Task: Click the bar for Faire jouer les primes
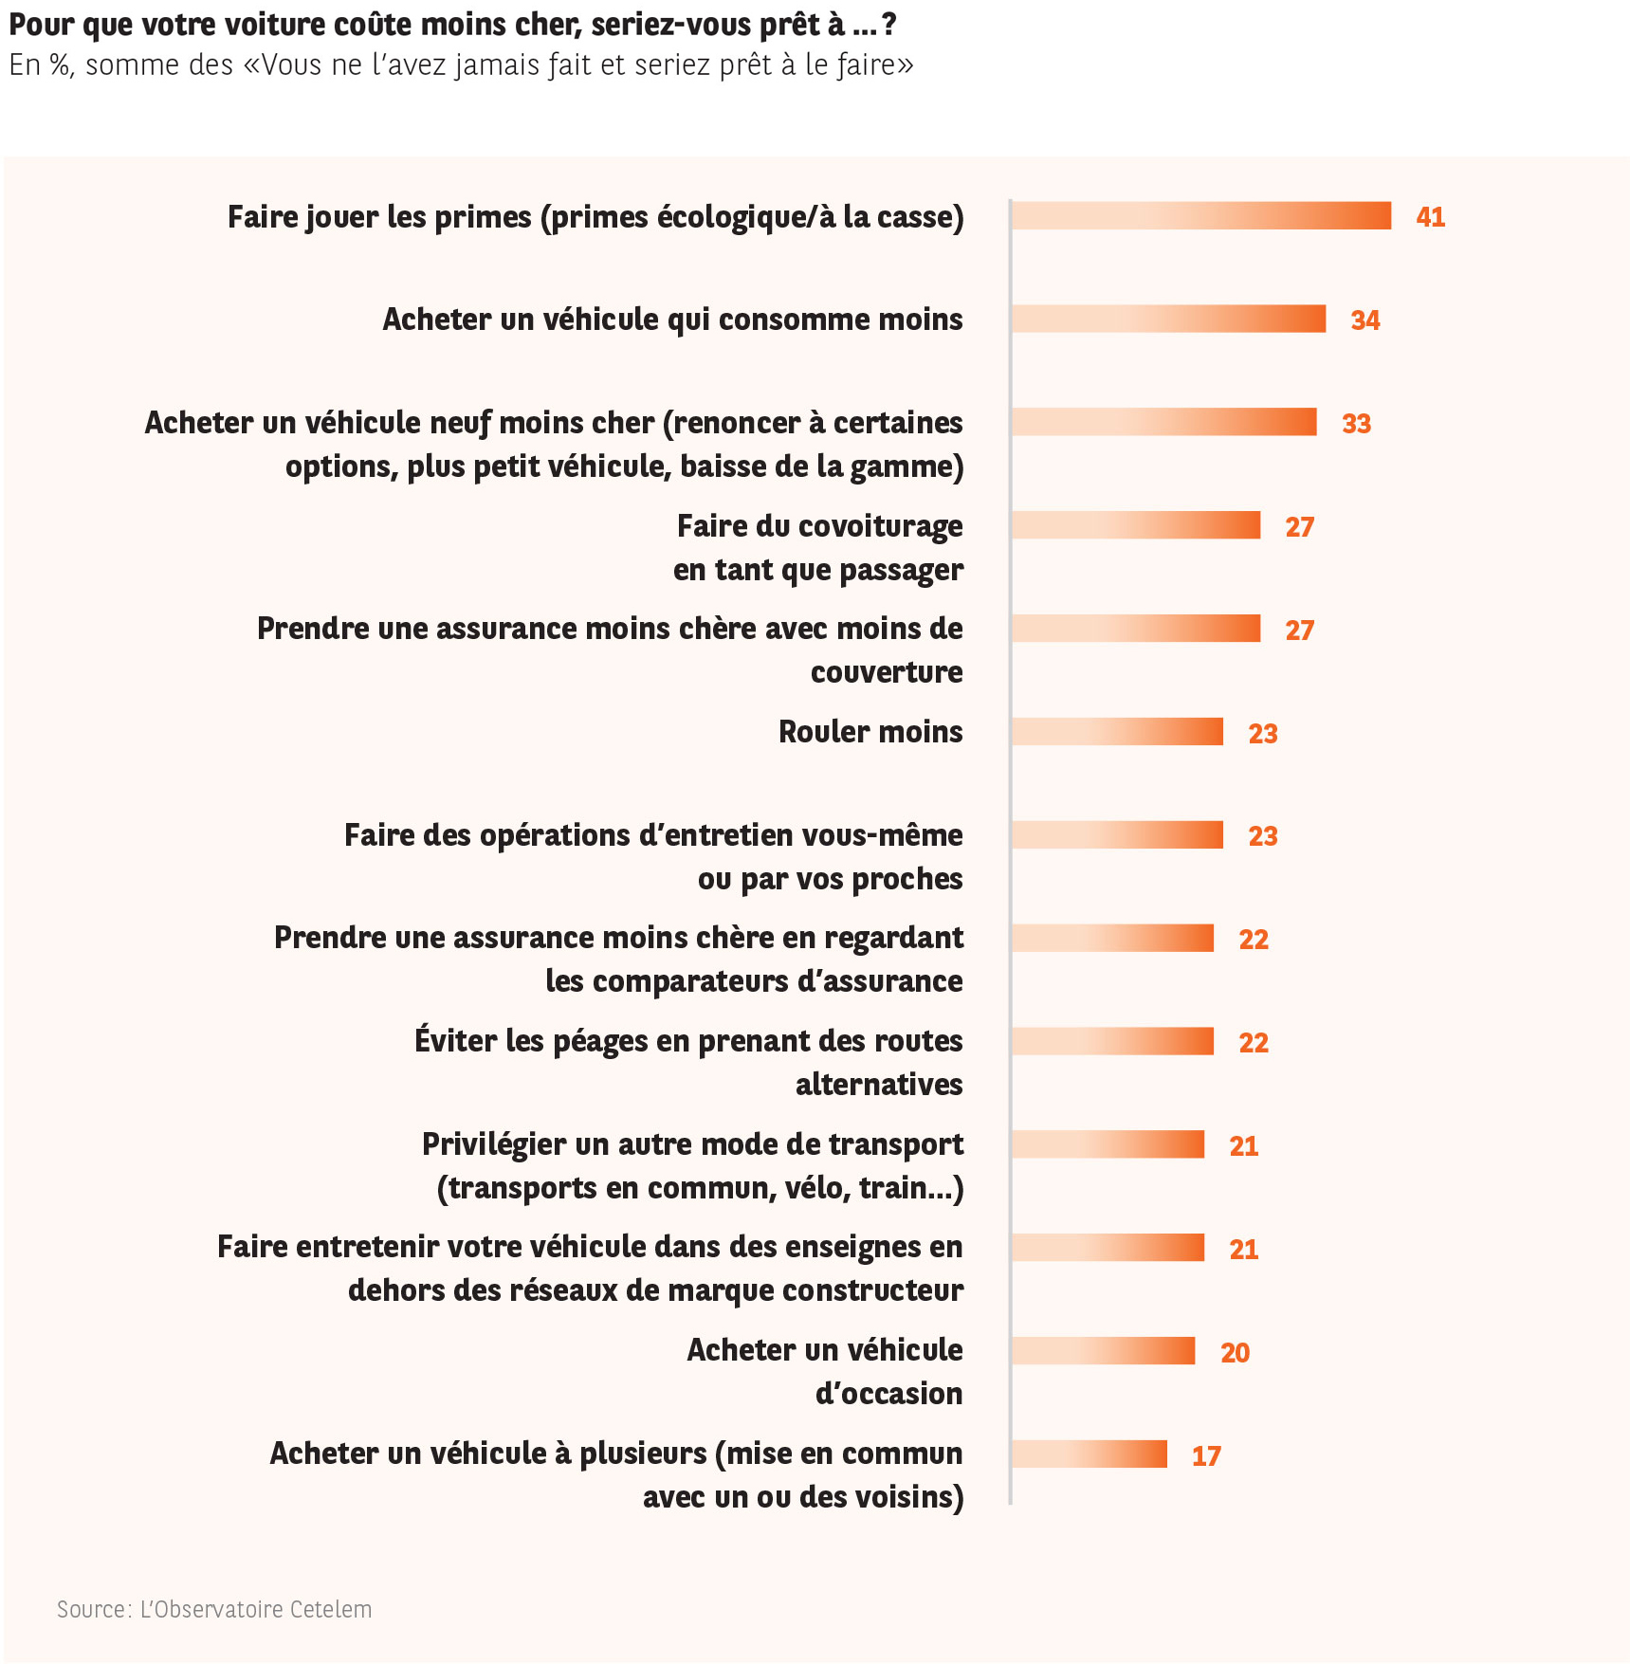(1200, 216)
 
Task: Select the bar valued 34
(1168, 320)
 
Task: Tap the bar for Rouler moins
(1117, 732)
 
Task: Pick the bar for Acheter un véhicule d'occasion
(1103, 1351)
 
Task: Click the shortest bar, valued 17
(1089, 1454)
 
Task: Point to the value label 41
(1430, 217)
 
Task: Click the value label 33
(1356, 424)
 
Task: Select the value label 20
(1235, 1353)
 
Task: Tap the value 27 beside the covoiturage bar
(1299, 527)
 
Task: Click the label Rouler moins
(870, 732)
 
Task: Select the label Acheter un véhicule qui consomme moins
(672, 320)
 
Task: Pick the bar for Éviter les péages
(1112, 1041)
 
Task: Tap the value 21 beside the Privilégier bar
(1243, 1146)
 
